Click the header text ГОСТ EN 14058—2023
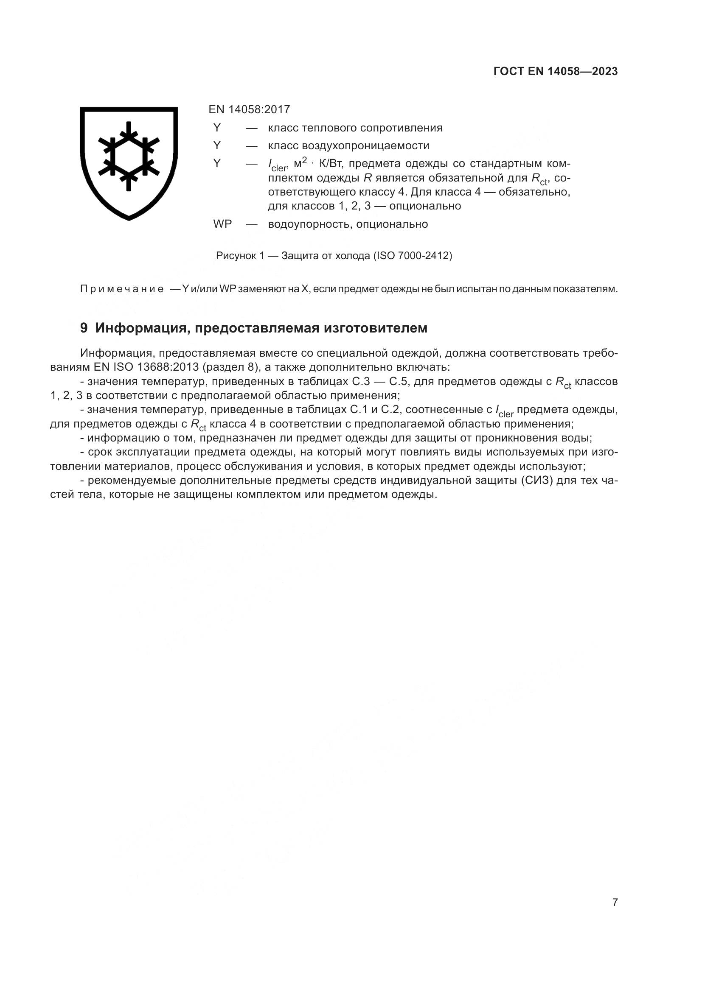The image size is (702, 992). pos(555,72)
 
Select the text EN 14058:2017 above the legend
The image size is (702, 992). pos(249,109)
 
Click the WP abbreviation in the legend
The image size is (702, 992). pos(223,224)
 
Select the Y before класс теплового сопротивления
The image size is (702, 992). pos(217,128)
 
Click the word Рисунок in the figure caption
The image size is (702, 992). pos(236,256)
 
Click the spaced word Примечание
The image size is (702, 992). pos(122,289)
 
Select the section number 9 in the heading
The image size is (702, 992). pos(84,328)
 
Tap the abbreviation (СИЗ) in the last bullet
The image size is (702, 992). pos(536,481)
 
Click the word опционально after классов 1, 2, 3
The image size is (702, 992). pos(425,206)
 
